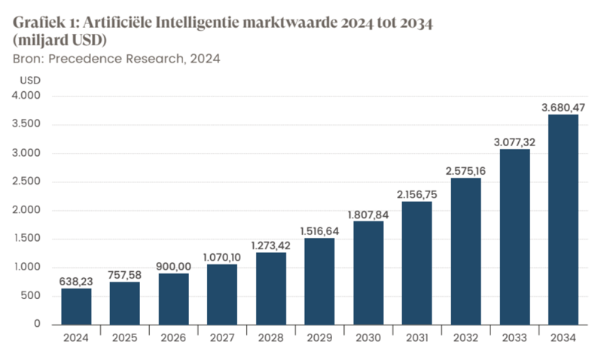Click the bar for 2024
pos(76,307)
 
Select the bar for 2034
pos(563,219)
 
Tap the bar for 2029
pos(319,281)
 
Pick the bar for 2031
pos(416,263)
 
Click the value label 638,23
pos(76,282)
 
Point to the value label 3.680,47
pos(563,108)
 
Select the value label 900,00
pos(173,267)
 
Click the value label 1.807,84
pos(368,215)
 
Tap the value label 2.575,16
pos(465,171)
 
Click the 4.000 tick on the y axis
pos(30,96)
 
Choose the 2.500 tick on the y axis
pos(30,182)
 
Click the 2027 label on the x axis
pos(222,338)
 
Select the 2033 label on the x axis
pos(514,338)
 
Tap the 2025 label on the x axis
pos(125,338)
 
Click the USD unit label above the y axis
pos(30,79)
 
